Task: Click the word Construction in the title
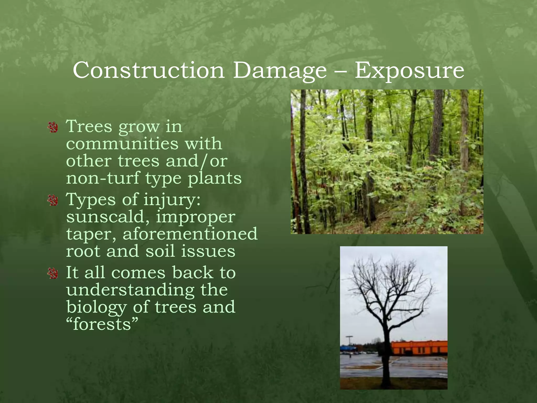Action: click(148, 70)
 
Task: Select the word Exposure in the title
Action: click(409, 70)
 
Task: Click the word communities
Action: click(122, 144)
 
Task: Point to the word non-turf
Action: click(103, 178)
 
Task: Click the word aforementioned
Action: click(190, 234)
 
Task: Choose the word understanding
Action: click(130, 290)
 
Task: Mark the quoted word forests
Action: click(102, 325)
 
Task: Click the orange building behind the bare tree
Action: click(419, 348)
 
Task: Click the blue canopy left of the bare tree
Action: click(348, 348)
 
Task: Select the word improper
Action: click(196, 218)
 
